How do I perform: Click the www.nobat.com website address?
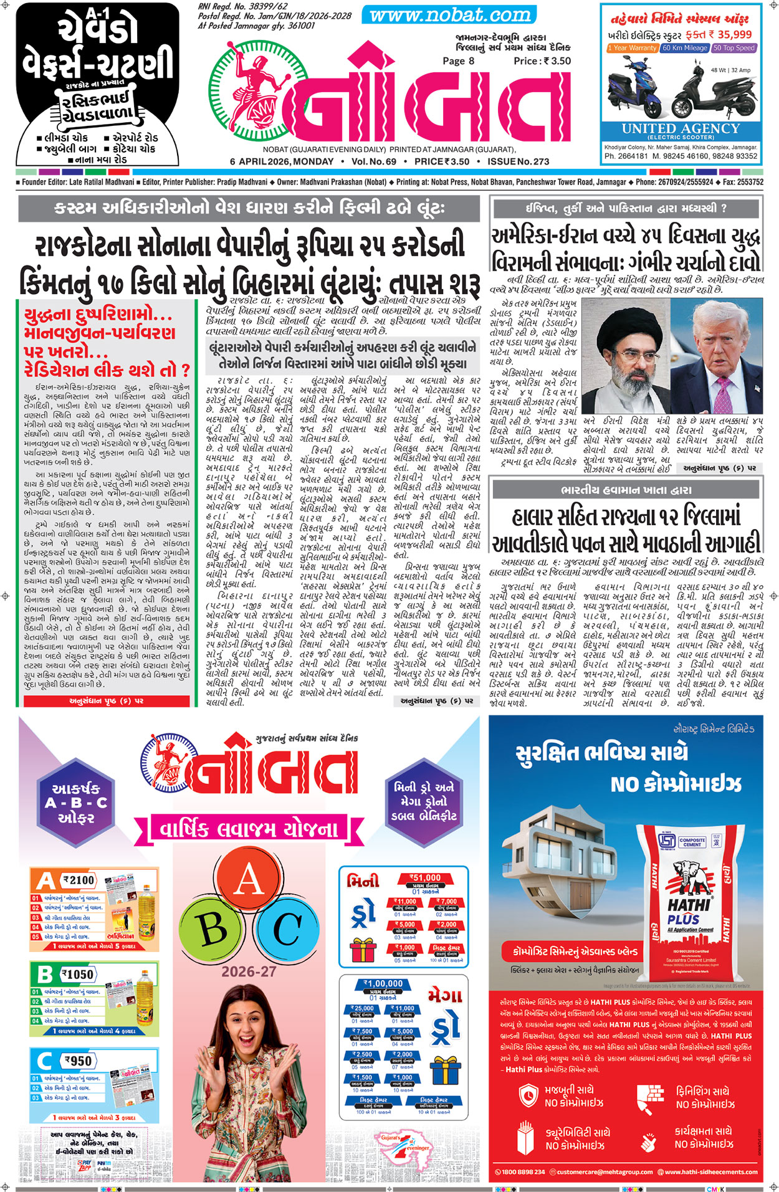tap(450, 15)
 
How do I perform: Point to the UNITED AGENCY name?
tap(681, 128)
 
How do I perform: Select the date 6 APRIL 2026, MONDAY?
tap(282, 161)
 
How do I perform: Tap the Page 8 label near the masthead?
tap(458, 61)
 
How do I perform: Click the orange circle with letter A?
tap(249, 880)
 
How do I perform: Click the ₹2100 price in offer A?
tap(79, 880)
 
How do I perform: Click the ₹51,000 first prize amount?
tap(425, 878)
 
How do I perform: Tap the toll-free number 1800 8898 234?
tap(522, 1172)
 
